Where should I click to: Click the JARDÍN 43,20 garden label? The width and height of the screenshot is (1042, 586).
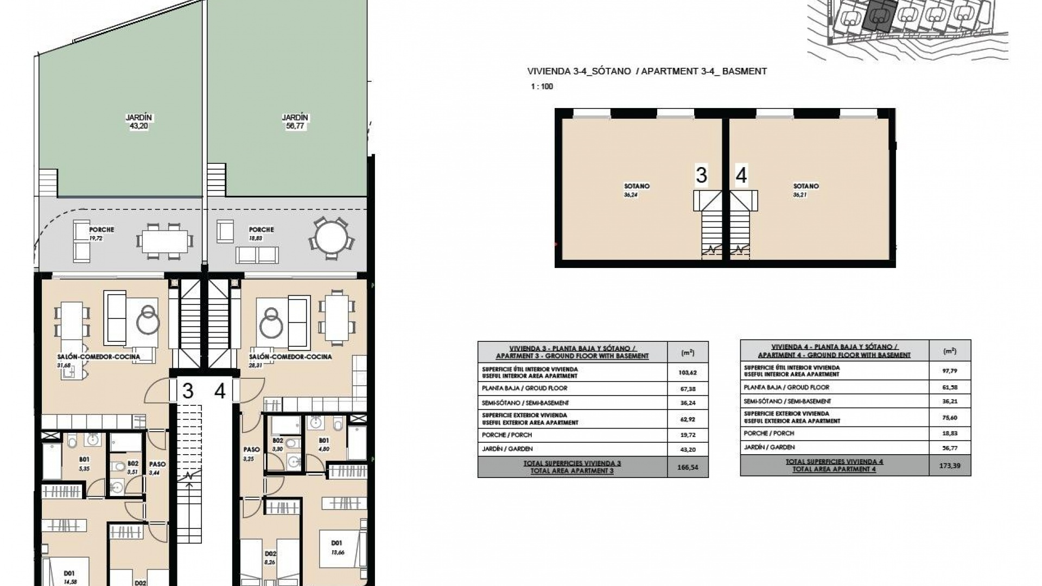139,122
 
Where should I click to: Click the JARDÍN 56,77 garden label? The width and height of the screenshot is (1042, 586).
295,122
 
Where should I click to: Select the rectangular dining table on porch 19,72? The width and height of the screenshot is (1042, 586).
165,240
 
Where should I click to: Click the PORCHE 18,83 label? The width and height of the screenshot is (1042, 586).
261,233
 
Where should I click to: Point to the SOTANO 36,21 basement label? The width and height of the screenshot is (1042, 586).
805,190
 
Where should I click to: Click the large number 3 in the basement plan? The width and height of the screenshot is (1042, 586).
701,176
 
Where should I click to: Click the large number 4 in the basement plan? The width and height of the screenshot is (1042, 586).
741,176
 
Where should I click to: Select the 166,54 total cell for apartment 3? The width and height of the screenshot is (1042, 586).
688,467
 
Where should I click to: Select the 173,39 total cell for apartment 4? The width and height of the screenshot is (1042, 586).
949,466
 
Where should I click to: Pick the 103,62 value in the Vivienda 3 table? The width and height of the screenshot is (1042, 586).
687,373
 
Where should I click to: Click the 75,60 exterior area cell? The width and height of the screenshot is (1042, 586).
949,417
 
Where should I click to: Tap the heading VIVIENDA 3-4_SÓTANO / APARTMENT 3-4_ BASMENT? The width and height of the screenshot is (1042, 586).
647,71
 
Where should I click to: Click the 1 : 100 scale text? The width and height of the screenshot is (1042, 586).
542,87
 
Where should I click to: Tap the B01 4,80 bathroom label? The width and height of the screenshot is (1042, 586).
324,444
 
